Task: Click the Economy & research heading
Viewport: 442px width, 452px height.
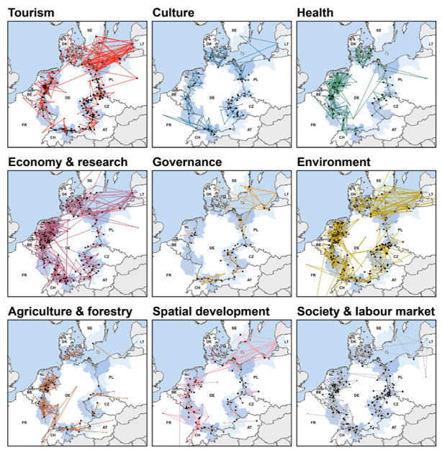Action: pyautogui.click(x=68, y=162)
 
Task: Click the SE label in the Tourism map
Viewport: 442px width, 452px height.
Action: pyautogui.click(x=90, y=30)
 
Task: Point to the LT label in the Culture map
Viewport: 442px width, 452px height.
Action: pyautogui.click(x=287, y=45)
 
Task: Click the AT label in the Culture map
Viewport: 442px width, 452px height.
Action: pyautogui.click(x=249, y=130)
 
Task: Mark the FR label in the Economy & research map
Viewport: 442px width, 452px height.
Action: pyautogui.click(x=25, y=274)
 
